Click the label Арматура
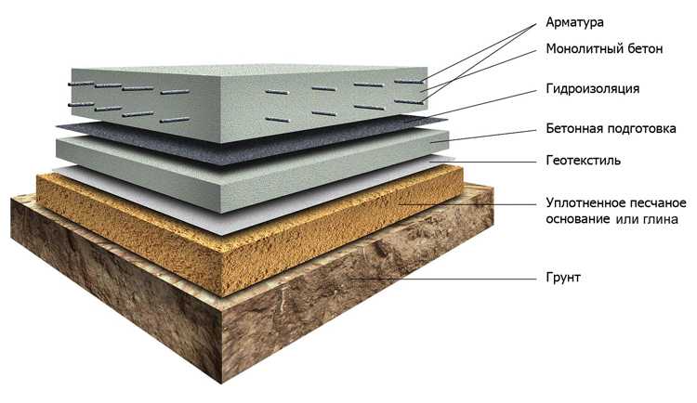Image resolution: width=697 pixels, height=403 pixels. click(574, 22)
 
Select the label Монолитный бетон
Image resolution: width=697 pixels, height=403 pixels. click(604, 48)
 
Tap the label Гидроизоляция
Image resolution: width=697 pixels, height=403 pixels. click(593, 89)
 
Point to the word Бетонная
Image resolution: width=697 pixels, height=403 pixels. click(573, 128)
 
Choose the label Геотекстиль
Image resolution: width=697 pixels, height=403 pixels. click(584, 160)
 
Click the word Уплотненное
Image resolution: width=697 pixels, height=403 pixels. click(582, 203)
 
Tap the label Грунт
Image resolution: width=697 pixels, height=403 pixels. click(563, 278)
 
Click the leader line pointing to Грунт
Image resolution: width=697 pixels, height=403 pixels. click(443, 279)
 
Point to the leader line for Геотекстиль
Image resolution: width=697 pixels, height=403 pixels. click(483, 162)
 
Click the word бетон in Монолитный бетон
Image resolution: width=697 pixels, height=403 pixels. click(645, 48)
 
